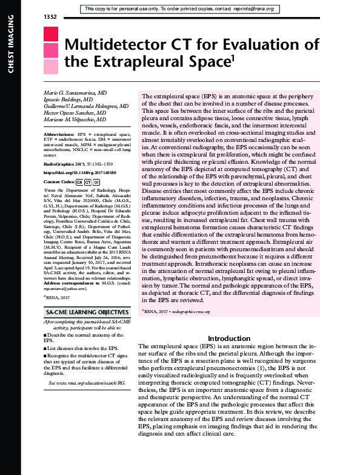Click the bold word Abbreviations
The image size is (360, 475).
coord(59,133)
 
